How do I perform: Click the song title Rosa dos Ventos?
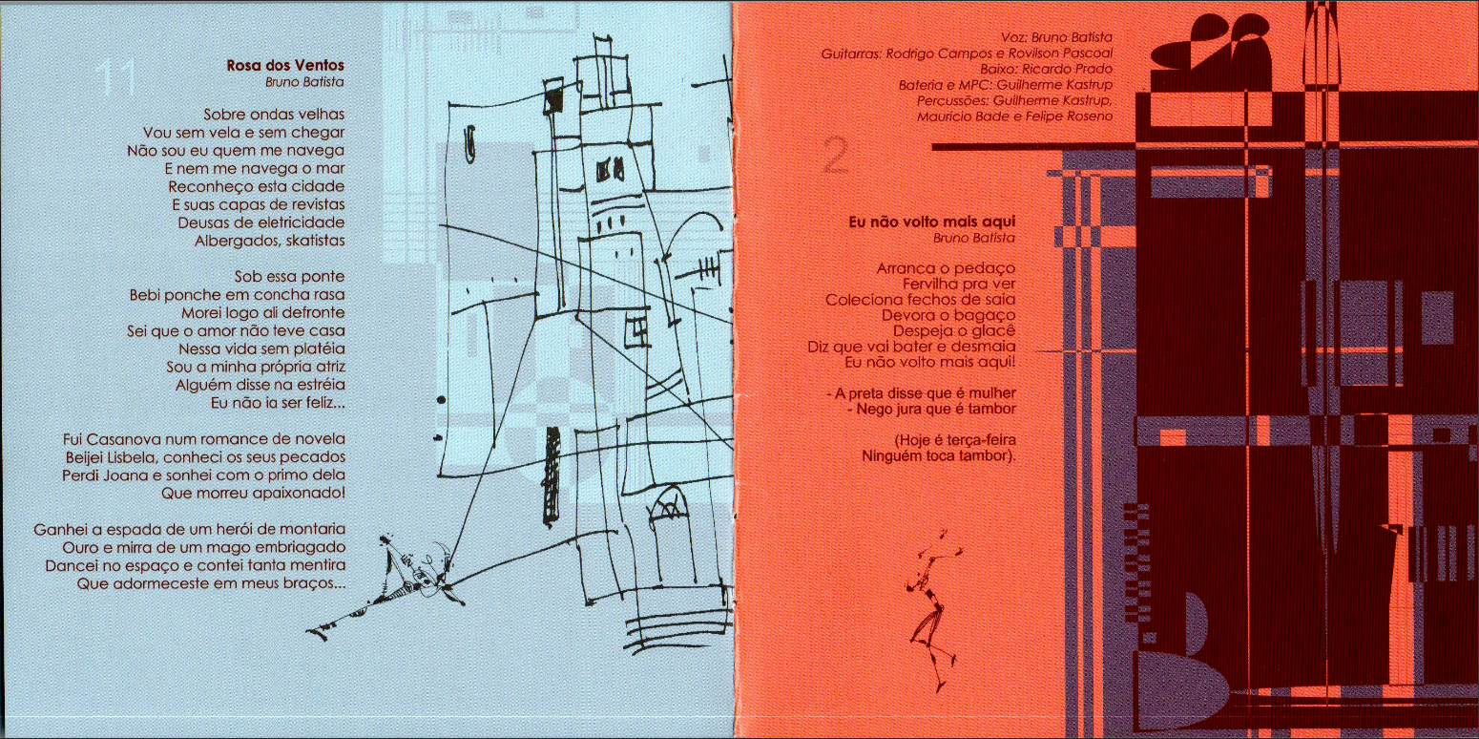(x=285, y=65)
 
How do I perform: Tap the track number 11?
(x=115, y=78)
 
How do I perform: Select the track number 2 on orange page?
(x=836, y=158)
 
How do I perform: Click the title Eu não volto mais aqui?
(x=932, y=222)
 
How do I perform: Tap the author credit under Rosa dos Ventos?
(x=304, y=82)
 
